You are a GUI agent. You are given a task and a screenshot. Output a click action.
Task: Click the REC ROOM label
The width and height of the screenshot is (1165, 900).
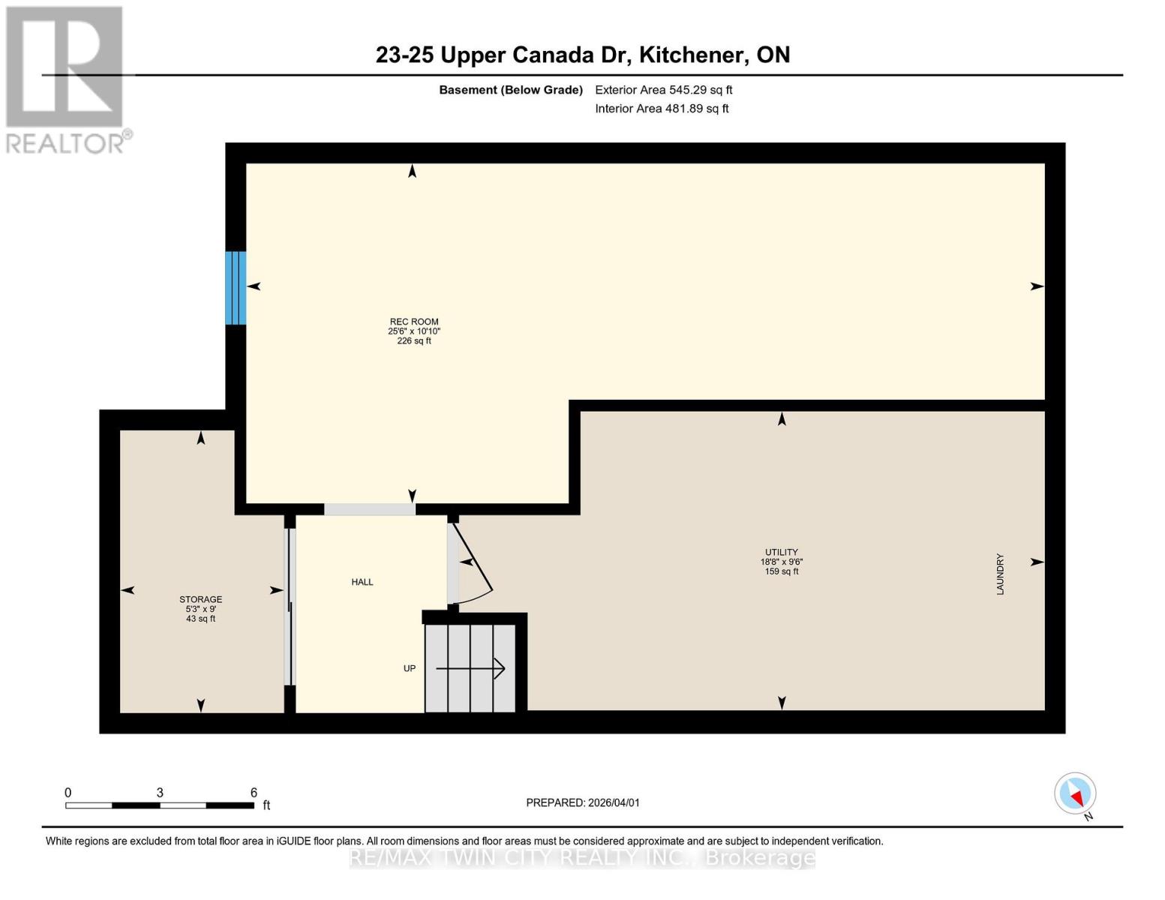click(x=413, y=322)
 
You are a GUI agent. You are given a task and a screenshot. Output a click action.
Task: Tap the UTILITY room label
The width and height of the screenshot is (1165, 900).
click(x=781, y=552)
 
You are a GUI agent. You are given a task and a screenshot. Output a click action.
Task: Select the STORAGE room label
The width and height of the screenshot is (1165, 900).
click(x=200, y=599)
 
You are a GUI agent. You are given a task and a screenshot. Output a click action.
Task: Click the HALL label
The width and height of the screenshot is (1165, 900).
click(x=362, y=582)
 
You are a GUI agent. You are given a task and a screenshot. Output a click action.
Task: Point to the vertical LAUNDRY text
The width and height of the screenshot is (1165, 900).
click(x=1000, y=574)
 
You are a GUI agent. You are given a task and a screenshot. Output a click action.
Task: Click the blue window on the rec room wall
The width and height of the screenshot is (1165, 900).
click(x=236, y=288)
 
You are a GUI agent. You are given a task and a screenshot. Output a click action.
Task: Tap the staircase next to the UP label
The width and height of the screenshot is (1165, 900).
click(x=470, y=668)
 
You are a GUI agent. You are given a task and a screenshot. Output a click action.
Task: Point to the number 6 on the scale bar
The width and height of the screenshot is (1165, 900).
click(x=254, y=793)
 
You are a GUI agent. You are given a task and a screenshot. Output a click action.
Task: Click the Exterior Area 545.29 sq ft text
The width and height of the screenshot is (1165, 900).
click(x=663, y=90)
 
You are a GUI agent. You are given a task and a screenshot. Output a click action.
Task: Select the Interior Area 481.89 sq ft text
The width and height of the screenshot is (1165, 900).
click(x=662, y=109)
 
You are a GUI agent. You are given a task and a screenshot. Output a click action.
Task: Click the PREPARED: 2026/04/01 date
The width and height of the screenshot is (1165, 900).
click(x=583, y=802)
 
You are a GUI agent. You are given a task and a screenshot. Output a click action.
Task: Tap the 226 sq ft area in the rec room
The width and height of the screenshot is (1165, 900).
click(x=413, y=341)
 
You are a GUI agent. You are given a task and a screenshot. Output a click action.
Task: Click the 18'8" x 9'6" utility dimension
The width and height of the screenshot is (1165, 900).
click(x=781, y=562)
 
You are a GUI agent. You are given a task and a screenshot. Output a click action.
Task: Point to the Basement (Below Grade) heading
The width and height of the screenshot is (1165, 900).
click(x=510, y=90)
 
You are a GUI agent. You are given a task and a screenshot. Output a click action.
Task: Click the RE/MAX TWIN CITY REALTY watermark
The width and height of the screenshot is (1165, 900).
click(x=582, y=857)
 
